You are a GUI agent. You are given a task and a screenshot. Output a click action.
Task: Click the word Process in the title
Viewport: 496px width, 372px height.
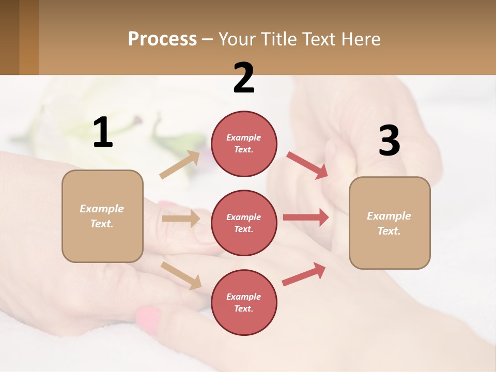(162, 39)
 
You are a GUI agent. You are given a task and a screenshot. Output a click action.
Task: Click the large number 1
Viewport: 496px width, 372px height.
(103, 132)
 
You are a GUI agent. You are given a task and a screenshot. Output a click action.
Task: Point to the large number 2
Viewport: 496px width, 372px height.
(244, 78)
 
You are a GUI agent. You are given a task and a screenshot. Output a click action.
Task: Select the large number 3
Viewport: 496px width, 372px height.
(389, 141)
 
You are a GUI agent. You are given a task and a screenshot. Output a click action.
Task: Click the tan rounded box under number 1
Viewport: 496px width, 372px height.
(102, 216)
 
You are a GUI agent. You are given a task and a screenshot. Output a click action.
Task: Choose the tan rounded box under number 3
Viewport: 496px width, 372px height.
(390, 223)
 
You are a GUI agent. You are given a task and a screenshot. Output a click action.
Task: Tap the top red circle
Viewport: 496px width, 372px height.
(244, 144)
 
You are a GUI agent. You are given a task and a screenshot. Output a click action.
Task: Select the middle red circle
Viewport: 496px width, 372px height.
(244, 223)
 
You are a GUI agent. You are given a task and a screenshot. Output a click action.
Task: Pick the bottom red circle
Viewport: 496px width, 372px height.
(244, 302)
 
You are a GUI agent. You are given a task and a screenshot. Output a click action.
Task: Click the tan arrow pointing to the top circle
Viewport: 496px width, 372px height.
(179, 165)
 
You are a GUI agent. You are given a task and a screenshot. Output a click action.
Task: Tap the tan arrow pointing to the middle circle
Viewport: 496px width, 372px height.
(181, 219)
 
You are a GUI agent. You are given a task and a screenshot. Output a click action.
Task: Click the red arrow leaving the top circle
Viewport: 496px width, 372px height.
(307, 165)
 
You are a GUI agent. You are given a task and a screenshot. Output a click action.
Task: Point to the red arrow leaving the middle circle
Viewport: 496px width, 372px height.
(305, 218)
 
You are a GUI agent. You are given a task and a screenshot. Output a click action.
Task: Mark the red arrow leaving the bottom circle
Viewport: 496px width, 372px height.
(304, 274)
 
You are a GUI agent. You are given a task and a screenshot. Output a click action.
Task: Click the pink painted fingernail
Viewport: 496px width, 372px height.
(148, 318)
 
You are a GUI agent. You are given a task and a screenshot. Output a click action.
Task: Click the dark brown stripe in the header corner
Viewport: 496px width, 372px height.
(9, 37)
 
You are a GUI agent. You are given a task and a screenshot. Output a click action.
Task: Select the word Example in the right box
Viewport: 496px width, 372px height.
(389, 216)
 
